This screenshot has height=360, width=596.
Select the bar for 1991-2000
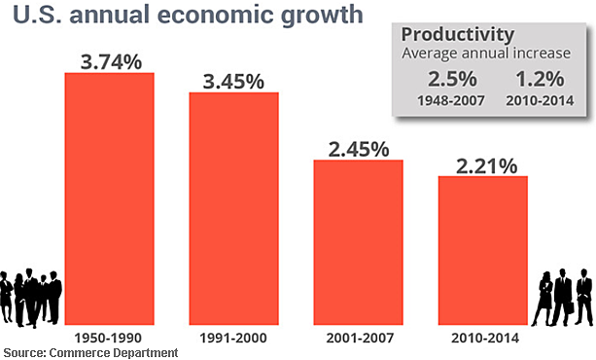click(x=233, y=209)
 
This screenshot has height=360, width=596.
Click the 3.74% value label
click(x=110, y=60)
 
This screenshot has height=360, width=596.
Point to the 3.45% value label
click(x=233, y=81)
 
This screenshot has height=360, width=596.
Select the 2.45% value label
click(x=358, y=148)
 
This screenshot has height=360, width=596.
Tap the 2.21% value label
click(x=482, y=164)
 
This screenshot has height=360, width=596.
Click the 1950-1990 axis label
click(x=109, y=338)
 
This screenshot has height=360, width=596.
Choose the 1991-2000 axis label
click(x=233, y=338)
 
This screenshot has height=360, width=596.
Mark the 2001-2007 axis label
click(x=358, y=338)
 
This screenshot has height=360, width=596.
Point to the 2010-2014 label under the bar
click(x=482, y=338)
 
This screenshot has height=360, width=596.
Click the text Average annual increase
click(x=487, y=53)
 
